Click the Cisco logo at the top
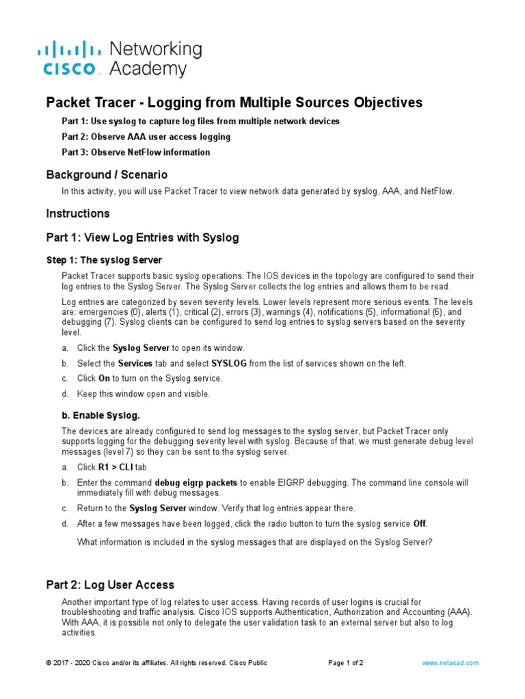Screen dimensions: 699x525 coord(68,58)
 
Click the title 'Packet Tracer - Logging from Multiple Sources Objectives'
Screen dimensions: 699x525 coord(234,102)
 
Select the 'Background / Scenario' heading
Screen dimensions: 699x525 coord(106,175)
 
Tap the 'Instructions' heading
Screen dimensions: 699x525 coord(77,214)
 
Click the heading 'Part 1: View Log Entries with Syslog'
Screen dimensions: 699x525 coord(142,238)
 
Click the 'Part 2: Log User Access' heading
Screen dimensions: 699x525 coord(109,585)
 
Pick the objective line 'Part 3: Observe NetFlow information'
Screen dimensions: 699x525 coord(135,152)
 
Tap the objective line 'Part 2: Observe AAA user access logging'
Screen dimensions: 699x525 coord(146,137)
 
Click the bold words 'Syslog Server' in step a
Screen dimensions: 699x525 coord(141,348)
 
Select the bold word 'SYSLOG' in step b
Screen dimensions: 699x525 coord(230,363)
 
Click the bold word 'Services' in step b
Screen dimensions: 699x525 coord(135,363)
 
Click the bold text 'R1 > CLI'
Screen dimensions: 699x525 coord(116,468)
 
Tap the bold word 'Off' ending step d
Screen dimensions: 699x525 coord(420,524)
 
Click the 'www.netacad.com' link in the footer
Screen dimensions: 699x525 coord(450,663)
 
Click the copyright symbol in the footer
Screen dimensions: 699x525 coord(49,663)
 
